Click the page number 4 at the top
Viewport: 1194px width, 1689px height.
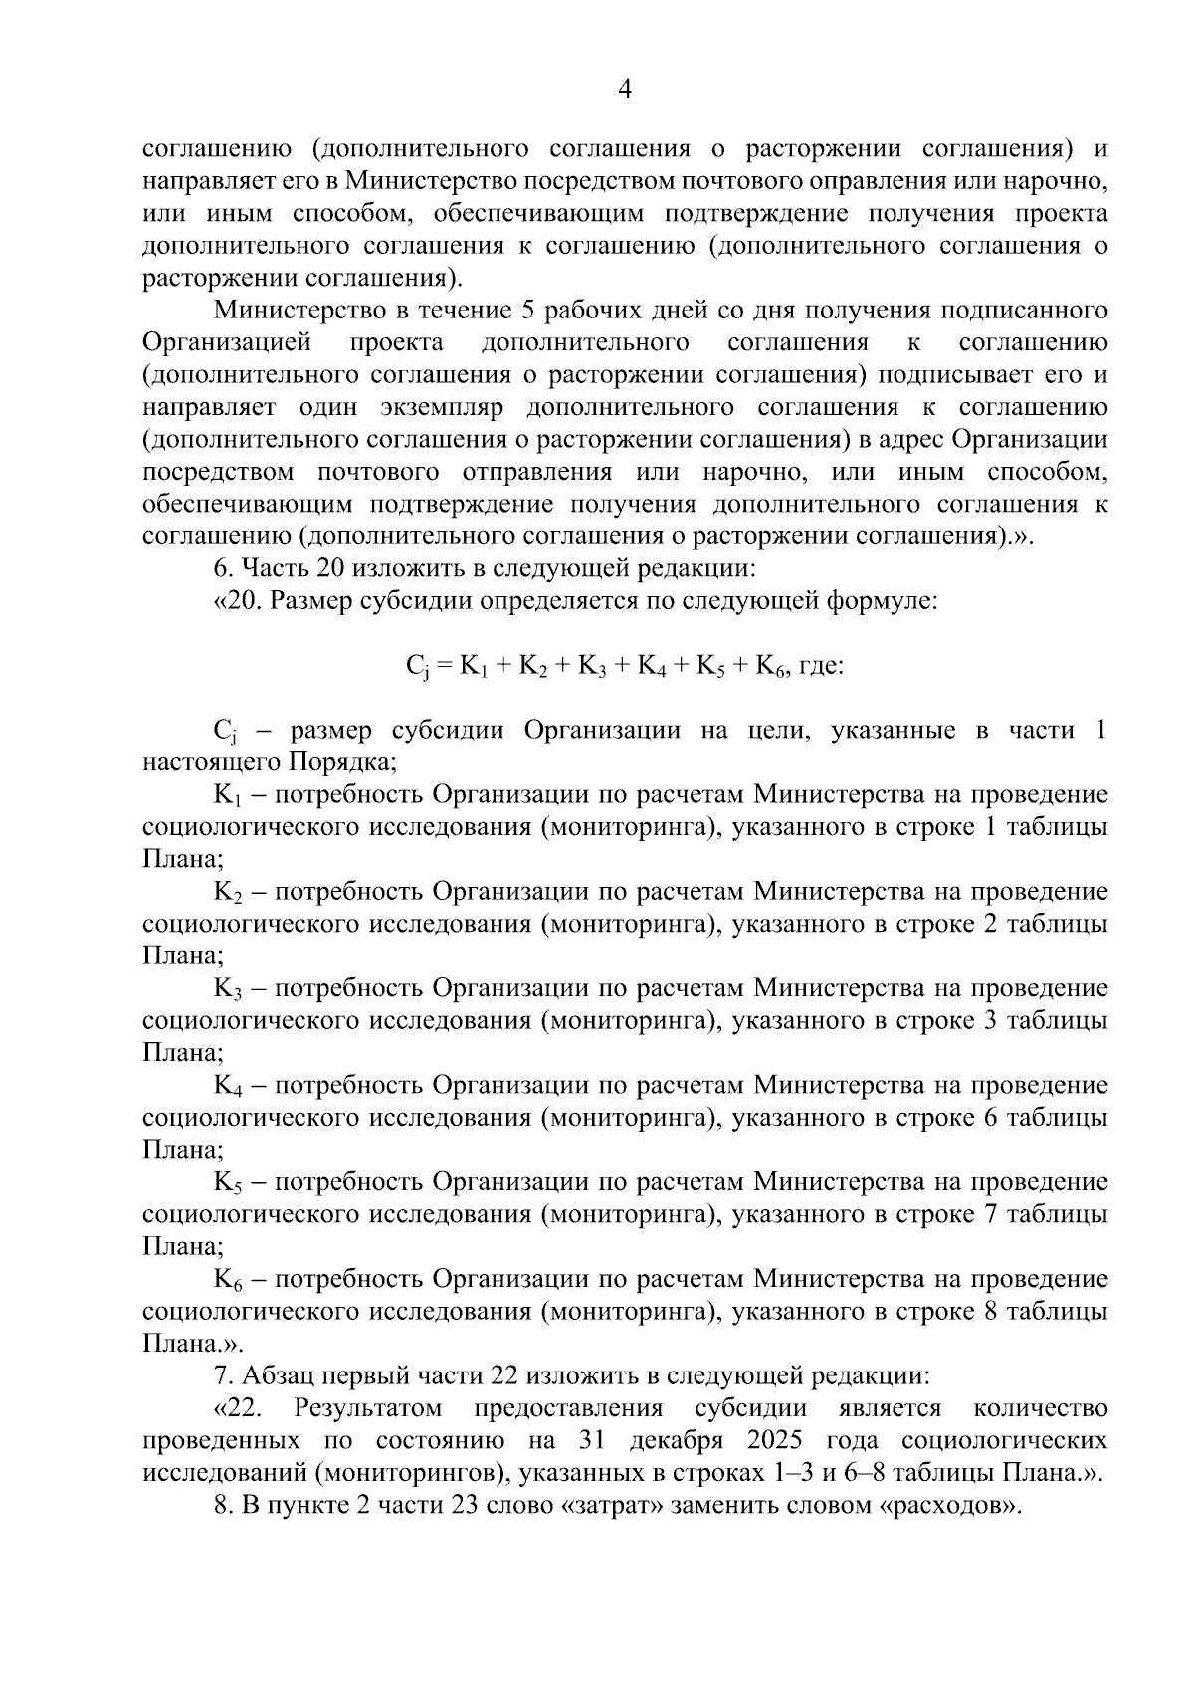pyautogui.click(x=625, y=91)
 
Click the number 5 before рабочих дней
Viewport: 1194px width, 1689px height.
pyautogui.click(x=527, y=311)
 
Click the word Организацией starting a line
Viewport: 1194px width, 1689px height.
pyautogui.click(x=228, y=343)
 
